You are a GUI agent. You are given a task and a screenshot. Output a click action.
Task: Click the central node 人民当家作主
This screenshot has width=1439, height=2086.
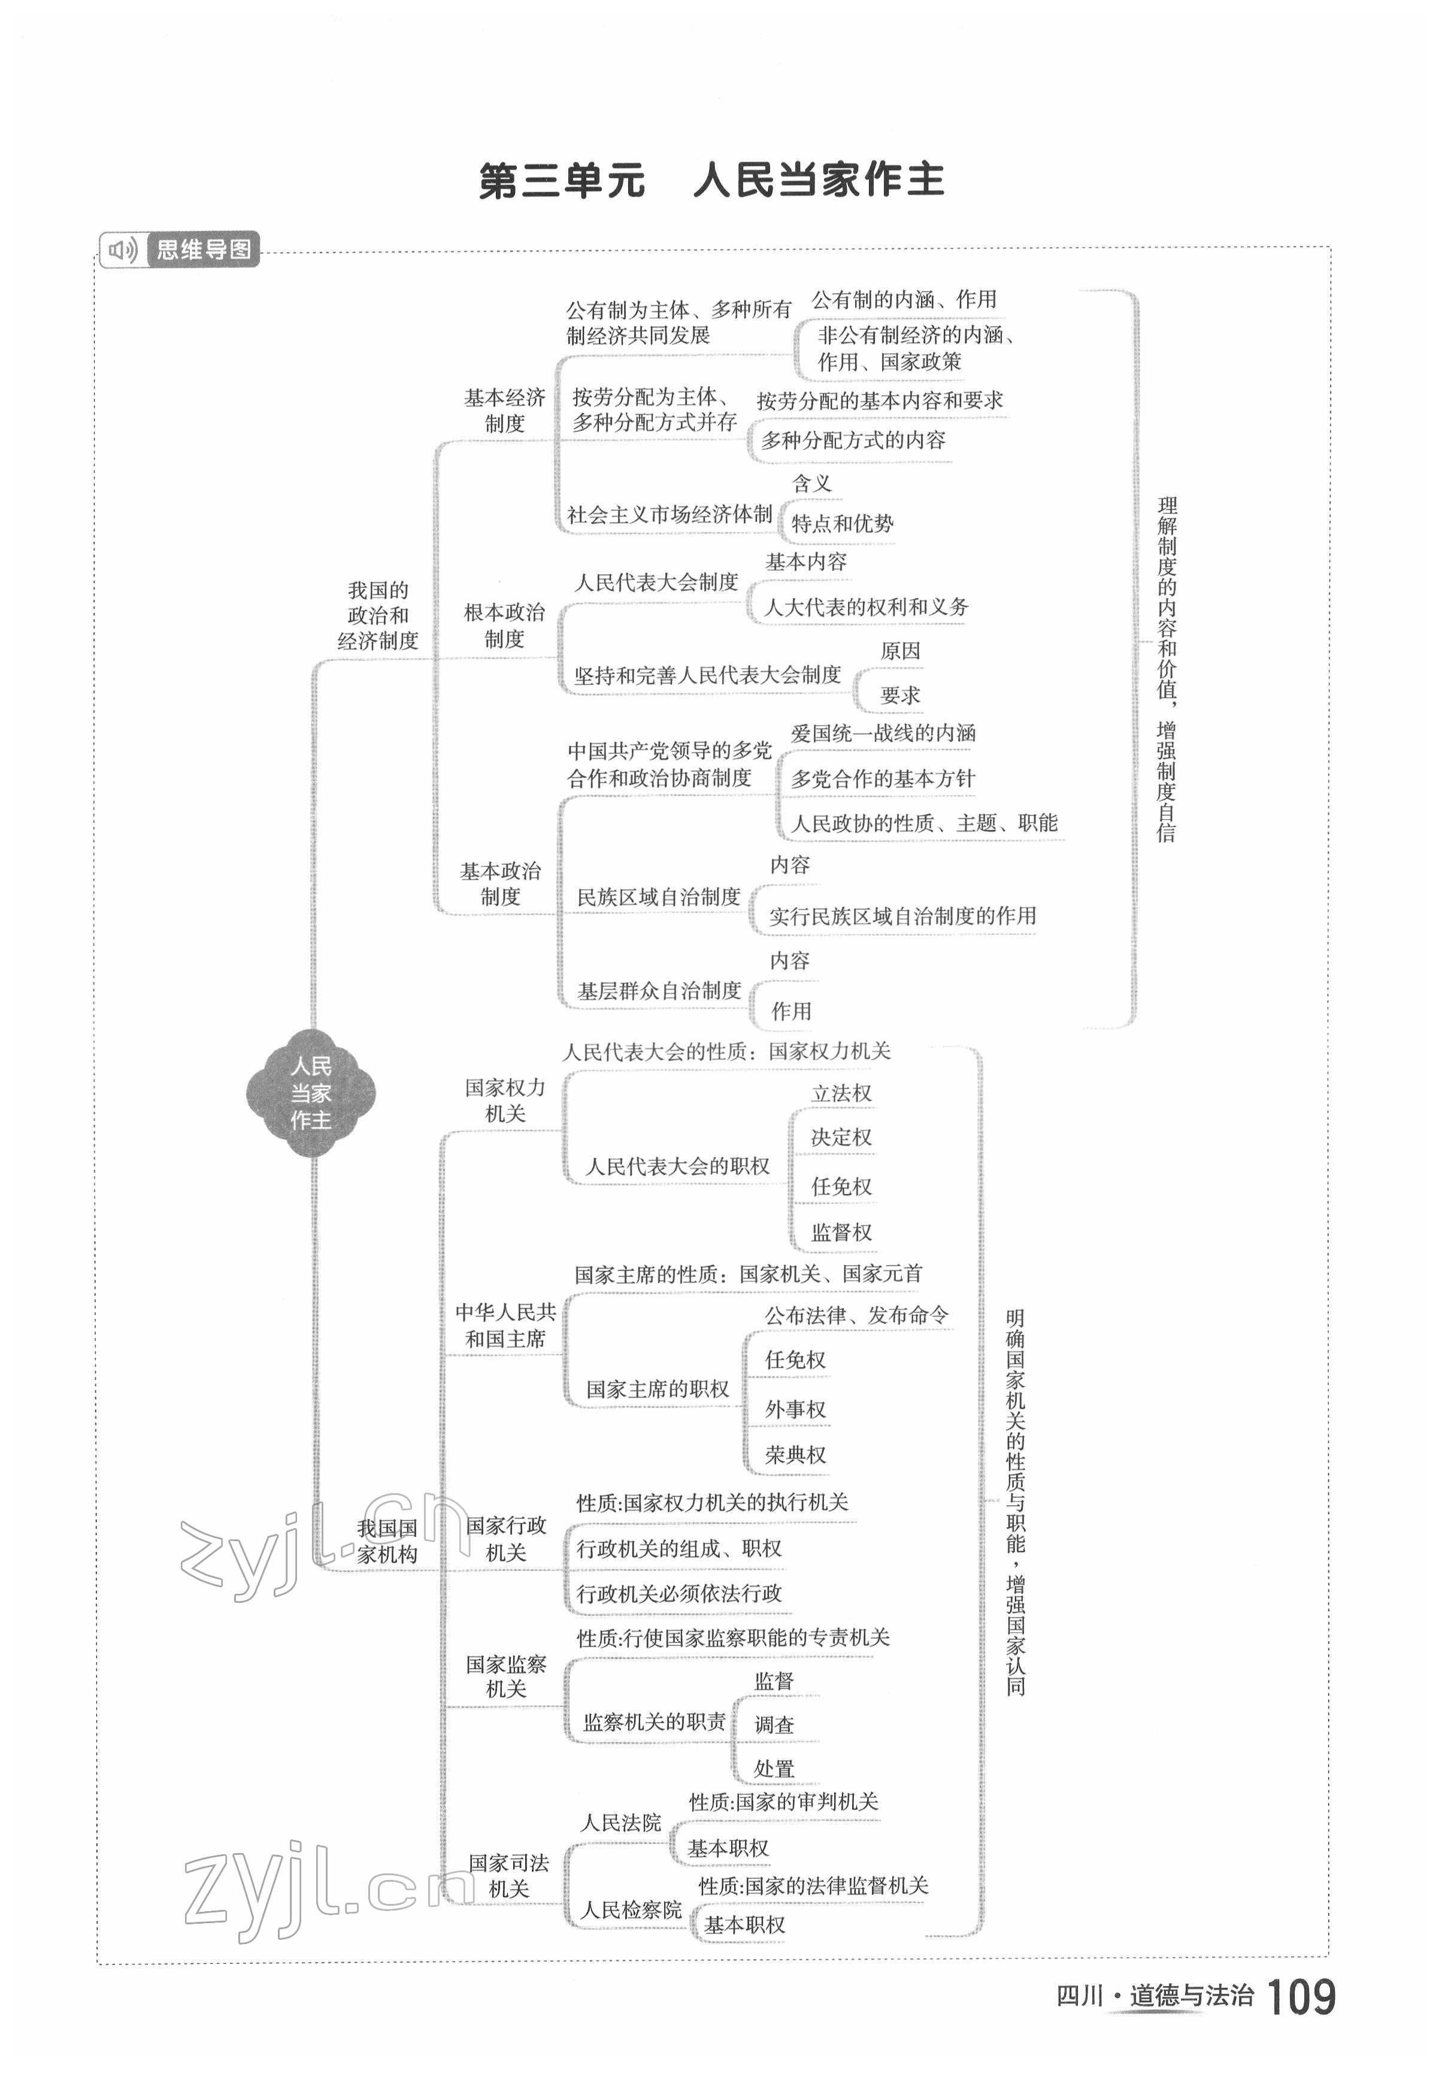311,1093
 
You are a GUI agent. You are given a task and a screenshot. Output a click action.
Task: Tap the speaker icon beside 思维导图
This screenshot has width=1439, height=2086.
121,250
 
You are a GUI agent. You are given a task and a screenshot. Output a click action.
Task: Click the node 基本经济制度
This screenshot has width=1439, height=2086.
504,410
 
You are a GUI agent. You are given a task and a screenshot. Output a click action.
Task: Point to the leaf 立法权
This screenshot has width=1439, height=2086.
841,1093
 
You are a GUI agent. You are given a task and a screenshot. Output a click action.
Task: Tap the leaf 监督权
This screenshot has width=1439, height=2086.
841,1232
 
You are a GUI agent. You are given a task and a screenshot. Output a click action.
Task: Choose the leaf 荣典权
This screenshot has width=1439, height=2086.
795,1455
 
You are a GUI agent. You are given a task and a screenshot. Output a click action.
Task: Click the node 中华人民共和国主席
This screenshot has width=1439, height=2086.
505,1325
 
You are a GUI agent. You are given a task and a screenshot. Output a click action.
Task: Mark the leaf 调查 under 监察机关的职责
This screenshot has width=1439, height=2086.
774,1724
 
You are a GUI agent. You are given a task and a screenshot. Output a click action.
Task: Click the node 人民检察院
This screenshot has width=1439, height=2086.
631,1910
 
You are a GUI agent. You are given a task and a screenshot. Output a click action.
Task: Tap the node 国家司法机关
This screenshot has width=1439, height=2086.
508,1876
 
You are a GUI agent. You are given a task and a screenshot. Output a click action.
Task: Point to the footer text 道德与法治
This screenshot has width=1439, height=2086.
1191,1996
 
